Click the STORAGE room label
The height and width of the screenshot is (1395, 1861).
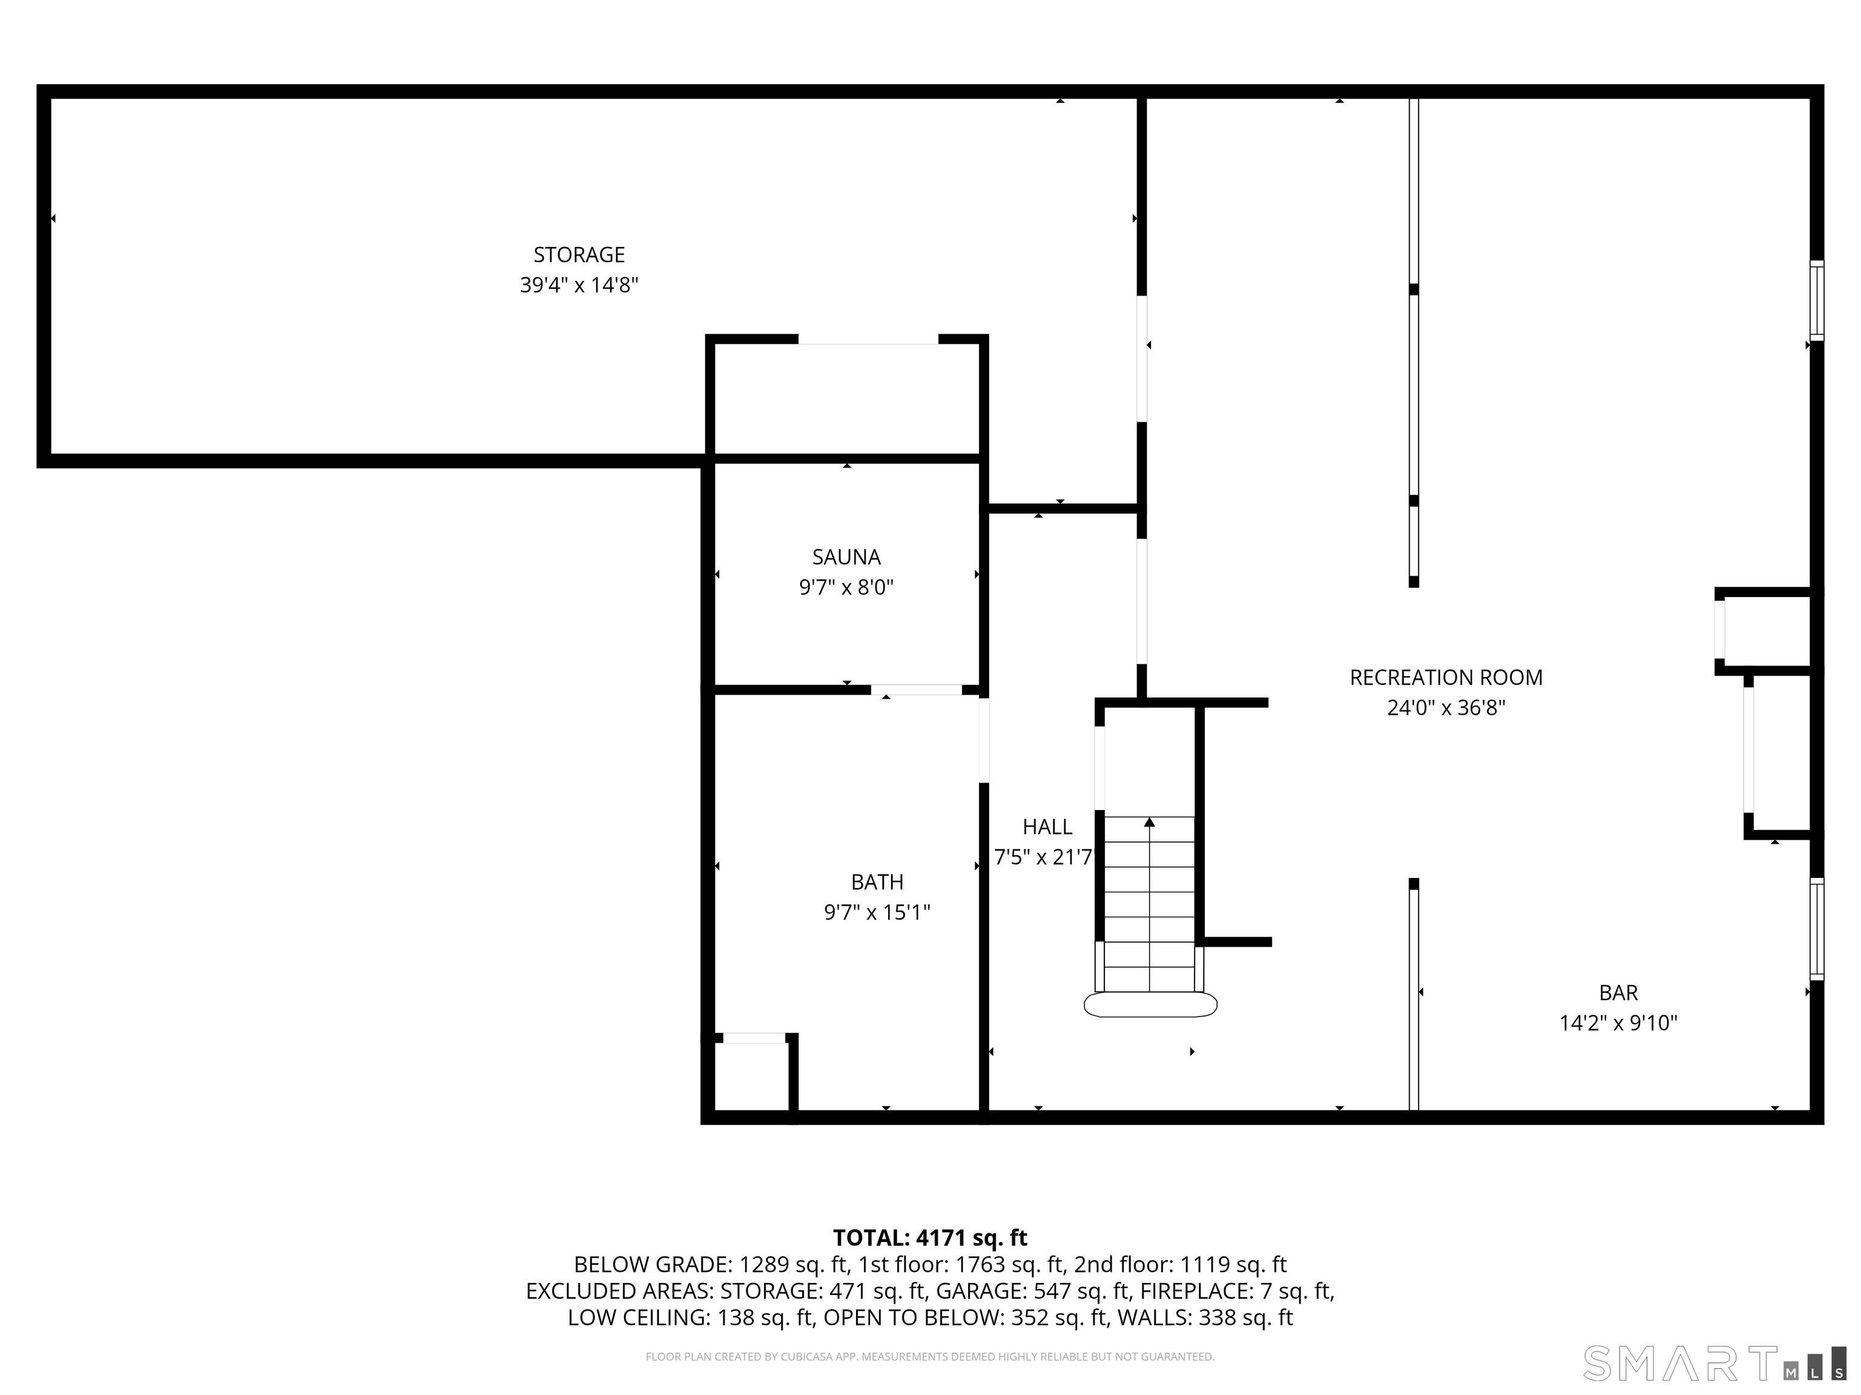[x=579, y=254]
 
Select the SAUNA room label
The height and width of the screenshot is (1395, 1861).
[x=846, y=556]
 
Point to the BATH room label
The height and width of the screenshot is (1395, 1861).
[x=877, y=882]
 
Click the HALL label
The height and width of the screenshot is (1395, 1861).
[x=1047, y=826]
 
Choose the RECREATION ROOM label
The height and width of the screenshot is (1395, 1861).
[x=1445, y=678]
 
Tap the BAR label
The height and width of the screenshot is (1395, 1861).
[x=1618, y=993]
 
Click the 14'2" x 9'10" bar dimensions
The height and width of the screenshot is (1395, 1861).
[x=1618, y=1023]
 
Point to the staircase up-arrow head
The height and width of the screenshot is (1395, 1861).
[x=1149, y=822]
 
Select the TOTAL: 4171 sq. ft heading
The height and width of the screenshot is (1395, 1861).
[x=930, y=1238]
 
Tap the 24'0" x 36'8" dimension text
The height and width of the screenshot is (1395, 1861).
[x=1445, y=708]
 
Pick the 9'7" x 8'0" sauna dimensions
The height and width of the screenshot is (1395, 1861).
[x=846, y=587]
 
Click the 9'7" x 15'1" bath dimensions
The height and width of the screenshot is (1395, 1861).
[x=877, y=912]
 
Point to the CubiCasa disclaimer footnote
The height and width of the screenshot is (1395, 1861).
[x=930, y=1356]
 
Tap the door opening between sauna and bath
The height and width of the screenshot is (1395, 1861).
[x=916, y=690]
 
